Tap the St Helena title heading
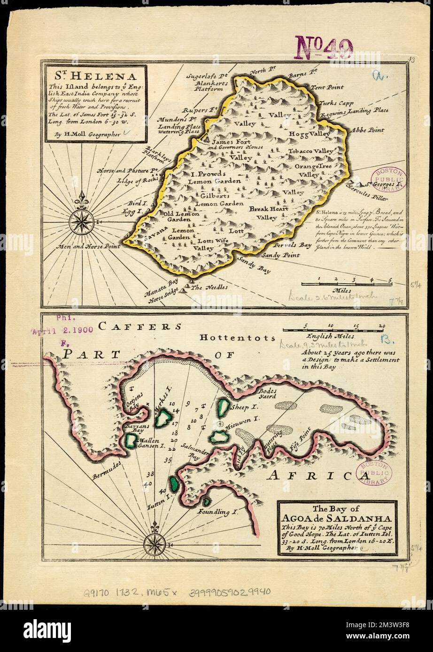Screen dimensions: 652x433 (95, 76)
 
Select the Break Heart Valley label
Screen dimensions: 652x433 (265, 213)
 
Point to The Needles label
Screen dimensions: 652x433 (209, 287)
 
